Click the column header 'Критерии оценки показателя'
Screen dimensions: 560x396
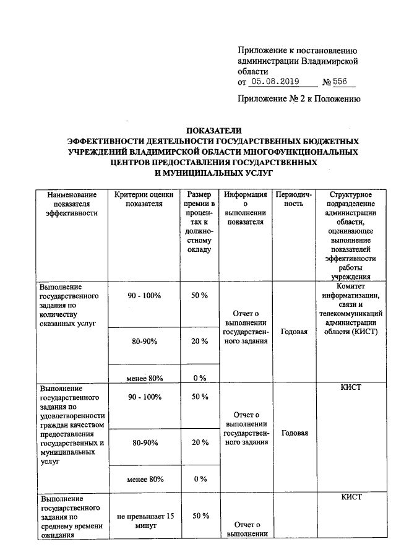coord(144,199)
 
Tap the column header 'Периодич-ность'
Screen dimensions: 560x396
coord(294,199)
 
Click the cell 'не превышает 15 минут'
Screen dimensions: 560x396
coord(144,520)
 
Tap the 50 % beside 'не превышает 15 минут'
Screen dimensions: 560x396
coord(199,515)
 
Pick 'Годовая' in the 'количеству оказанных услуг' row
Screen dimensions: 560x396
coord(294,332)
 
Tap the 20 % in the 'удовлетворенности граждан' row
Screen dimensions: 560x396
coord(199,442)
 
